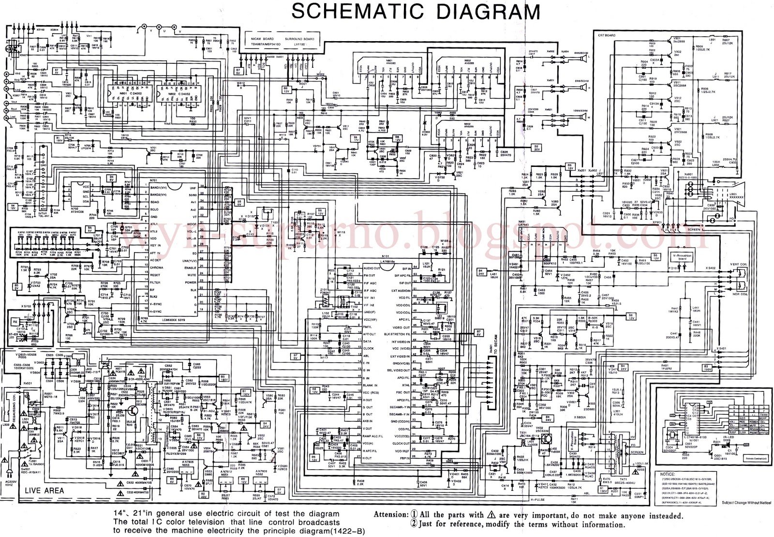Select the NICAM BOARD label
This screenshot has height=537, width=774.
coord(262,39)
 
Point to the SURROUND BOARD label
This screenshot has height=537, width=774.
coord(299,39)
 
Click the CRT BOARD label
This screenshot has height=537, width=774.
coord(607,35)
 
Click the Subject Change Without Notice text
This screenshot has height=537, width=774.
coord(746,503)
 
